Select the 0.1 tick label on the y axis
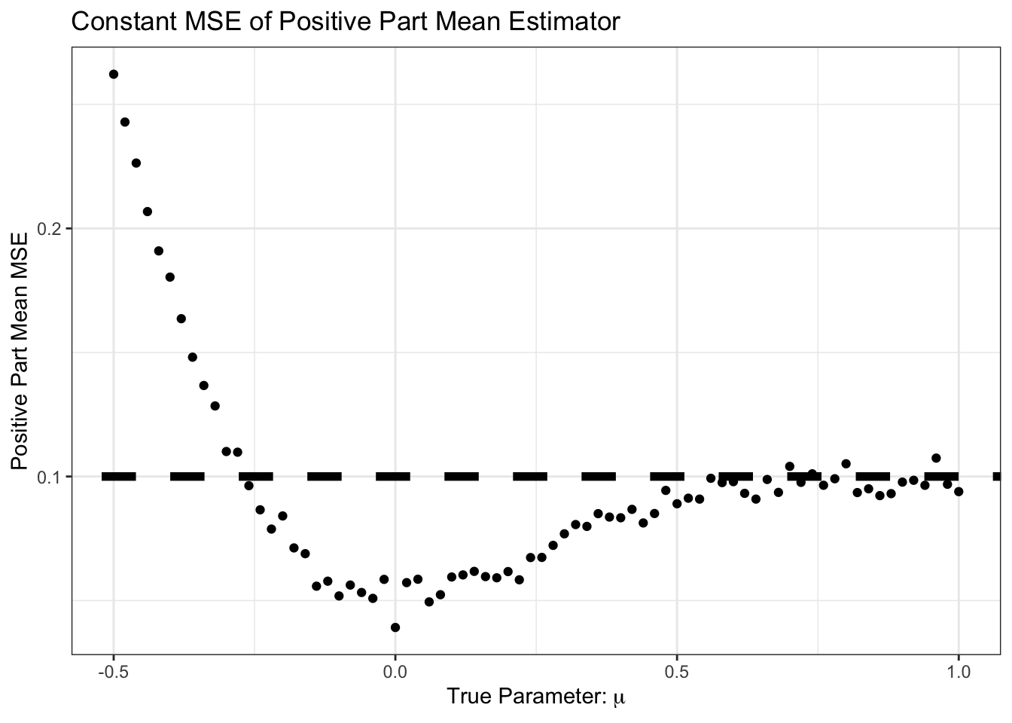pos(50,477)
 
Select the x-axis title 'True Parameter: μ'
pos(535,697)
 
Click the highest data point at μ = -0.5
pos(114,74)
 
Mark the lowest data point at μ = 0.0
pos(395,627)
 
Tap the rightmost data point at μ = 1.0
pos(959,492)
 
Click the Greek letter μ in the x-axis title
pos(620,698)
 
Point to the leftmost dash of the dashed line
pos(119,476)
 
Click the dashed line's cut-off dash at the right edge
pos(997,476)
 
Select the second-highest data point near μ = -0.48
pos(125,122)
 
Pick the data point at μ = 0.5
pos(677,503)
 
